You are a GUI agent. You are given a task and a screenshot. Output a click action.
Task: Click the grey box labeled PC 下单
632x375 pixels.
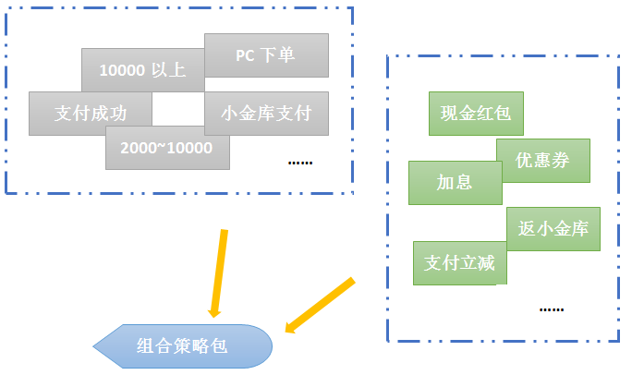tap(266, 55)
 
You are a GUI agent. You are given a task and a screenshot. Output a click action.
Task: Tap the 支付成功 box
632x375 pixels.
tap(91, 114)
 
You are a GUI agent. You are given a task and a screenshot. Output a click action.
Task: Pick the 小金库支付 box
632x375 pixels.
tap(266, 114)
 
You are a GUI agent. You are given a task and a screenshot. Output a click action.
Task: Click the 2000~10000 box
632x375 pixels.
tap(167, 148)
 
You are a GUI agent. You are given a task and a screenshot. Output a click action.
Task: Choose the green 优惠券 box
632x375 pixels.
tap(542, 161)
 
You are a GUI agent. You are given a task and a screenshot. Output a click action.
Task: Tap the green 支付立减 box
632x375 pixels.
tap(459, 263)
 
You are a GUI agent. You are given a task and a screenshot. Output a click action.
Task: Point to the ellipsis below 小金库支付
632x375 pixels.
tap(300, 162)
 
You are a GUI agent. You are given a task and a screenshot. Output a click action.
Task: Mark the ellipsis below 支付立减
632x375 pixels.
tap(551, 308)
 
